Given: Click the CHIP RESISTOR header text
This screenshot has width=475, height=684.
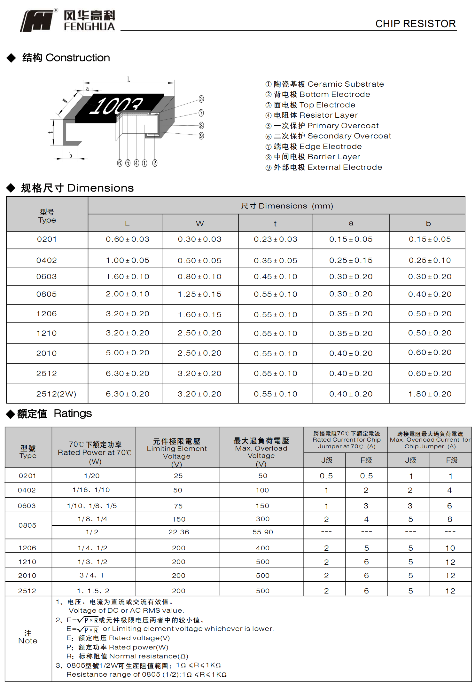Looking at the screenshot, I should (x=415, y=24).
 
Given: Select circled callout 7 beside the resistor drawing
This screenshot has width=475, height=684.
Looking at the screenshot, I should (x=201, y=113).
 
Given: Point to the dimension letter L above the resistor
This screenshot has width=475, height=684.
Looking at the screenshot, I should (x=128, y=80).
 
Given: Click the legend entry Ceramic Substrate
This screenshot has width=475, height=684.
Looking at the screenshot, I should (x=324, y=84).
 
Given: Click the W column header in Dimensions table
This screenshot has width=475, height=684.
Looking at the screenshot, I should (x=200, y=224).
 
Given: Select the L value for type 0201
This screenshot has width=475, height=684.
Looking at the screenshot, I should (x=128, y=239).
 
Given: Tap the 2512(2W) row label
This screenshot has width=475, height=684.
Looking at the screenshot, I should (x=56, y=394).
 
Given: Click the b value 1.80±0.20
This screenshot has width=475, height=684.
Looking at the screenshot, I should (x=430, y=394).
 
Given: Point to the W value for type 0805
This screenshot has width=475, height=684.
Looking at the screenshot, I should (x=199, y=294).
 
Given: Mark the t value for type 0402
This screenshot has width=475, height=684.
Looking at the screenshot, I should (x=275, y=261).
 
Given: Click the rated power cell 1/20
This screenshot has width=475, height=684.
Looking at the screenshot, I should (x=92, y=476).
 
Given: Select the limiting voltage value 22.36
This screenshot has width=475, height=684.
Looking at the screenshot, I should (x=179, y=532).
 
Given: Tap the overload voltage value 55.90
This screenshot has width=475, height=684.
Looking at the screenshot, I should (x=262, y=532).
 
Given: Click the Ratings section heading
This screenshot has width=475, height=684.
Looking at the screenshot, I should (x=54, y=413).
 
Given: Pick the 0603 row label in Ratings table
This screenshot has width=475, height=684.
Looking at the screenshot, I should (x=27, y=506).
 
